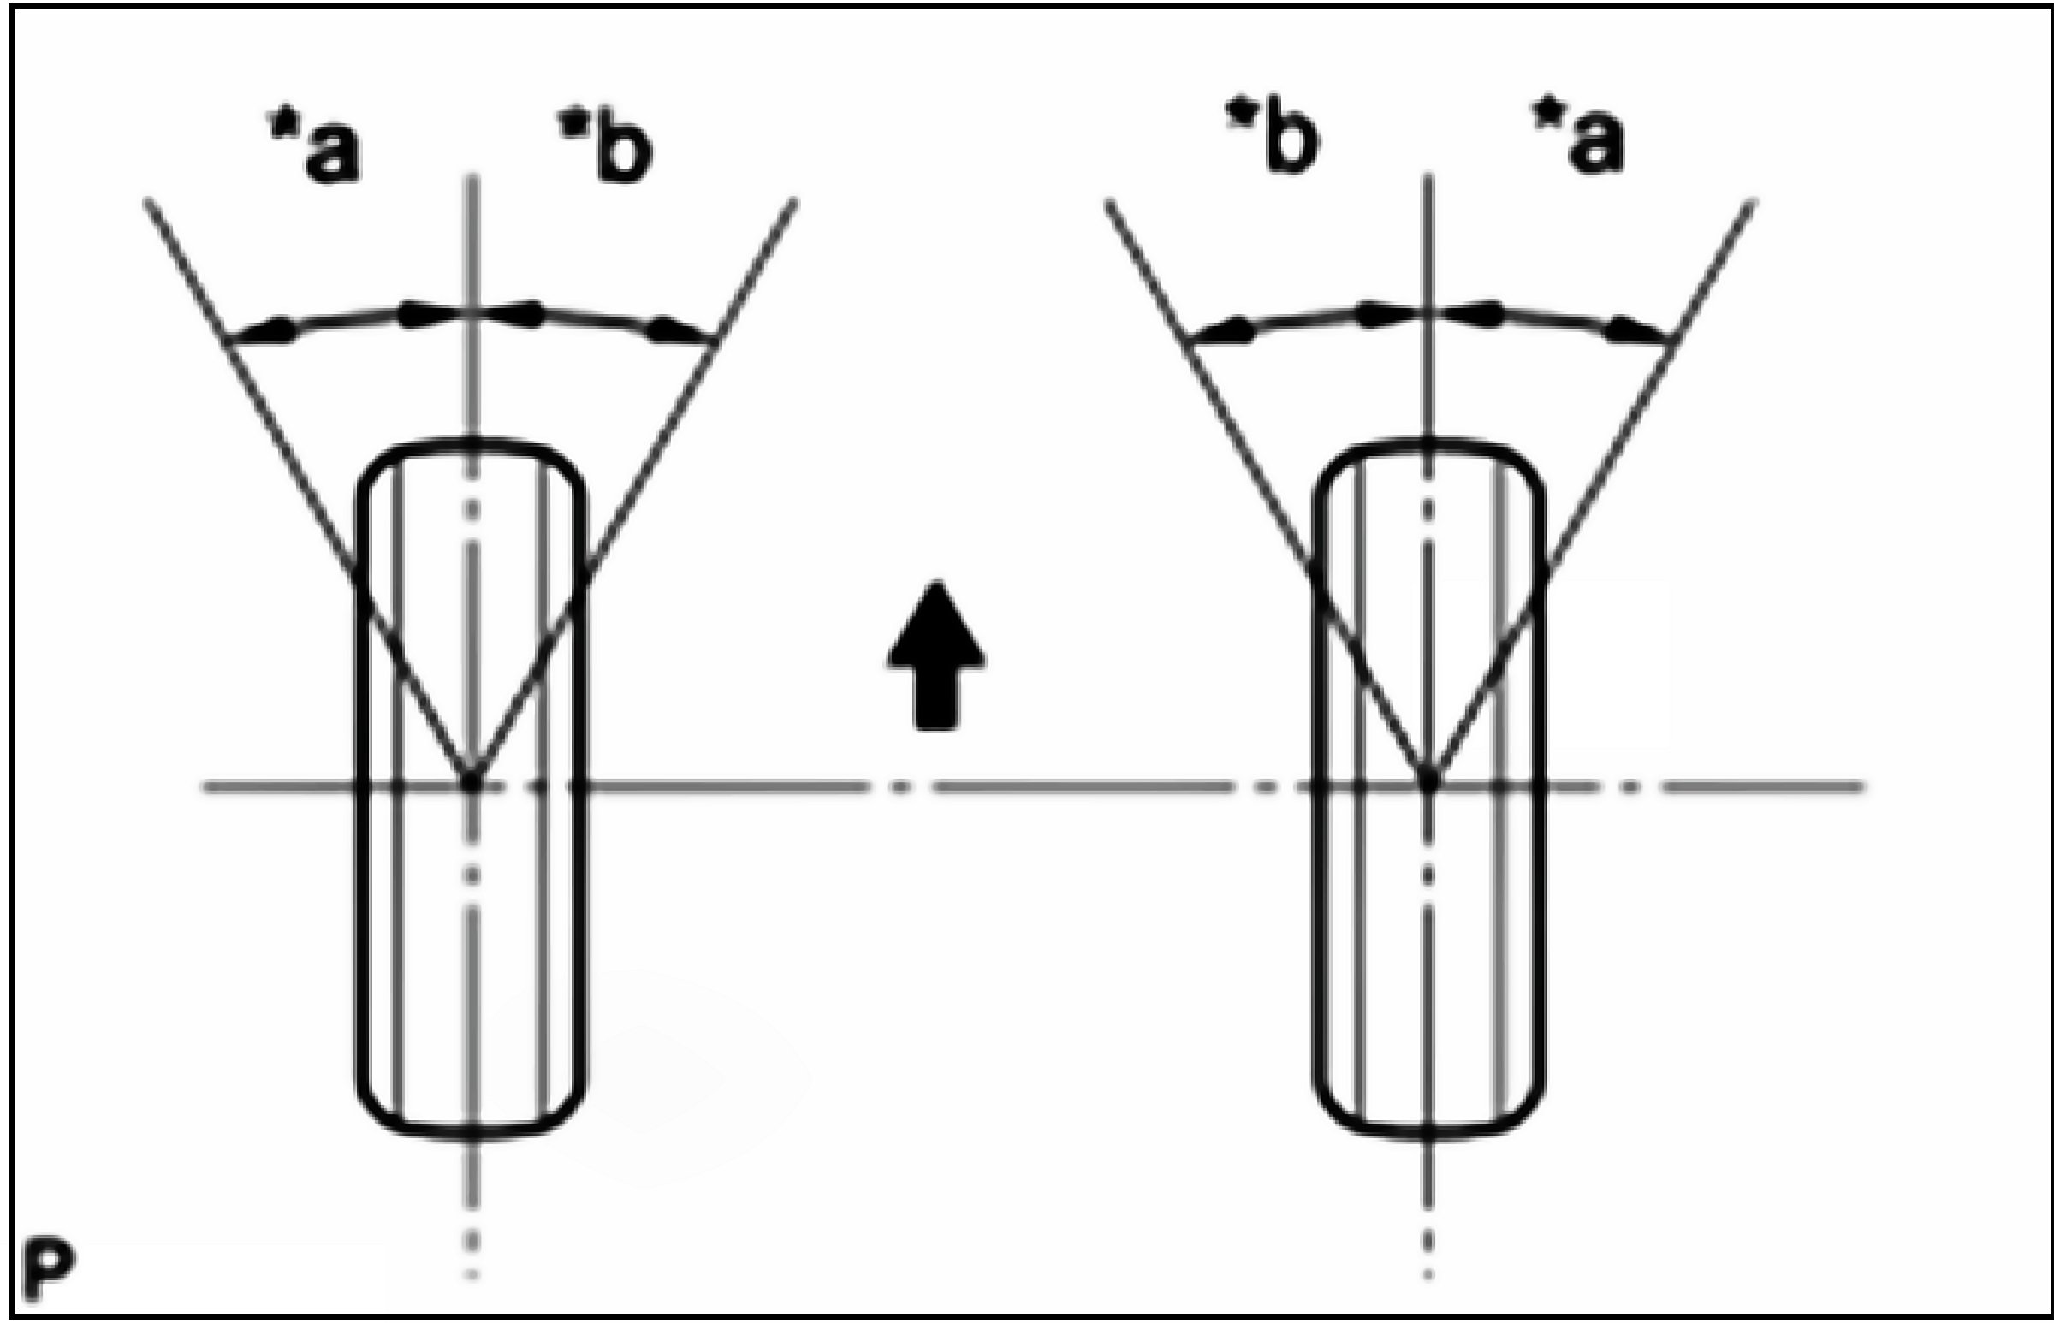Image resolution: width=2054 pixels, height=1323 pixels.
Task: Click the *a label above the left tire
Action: pos(315,149)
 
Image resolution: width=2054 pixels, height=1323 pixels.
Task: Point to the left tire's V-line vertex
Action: pos(471,780)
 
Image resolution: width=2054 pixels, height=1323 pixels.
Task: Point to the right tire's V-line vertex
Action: pos(1427,780)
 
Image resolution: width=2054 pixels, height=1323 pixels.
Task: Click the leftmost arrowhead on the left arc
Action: pos(262,333)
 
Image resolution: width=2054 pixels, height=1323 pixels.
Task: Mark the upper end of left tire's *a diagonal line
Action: pos(149,202)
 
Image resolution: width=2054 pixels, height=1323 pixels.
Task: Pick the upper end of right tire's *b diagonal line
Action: pos(1108,204)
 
